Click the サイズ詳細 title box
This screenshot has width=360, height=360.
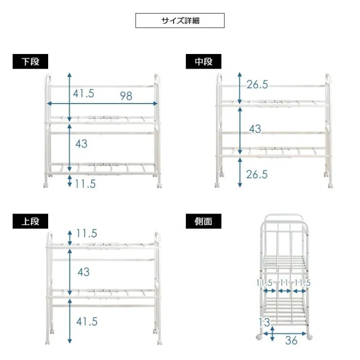coord(180,20)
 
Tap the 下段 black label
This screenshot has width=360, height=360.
coord(30,62)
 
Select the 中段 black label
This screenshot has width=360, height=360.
coord(203,62)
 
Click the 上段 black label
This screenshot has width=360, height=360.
coord(30,221)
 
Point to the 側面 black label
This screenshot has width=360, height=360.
coord(203,221)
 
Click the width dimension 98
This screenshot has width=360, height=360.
coord(126,96)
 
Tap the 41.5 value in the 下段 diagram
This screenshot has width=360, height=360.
coord(84,93)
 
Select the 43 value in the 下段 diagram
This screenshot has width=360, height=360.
coord(81,144)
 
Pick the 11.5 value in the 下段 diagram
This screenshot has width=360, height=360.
coord(86,183)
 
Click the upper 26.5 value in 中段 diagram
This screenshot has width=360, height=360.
coord(257,85)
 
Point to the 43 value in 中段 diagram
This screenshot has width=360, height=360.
coord(255,129)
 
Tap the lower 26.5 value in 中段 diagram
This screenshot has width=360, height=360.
coord(257,175)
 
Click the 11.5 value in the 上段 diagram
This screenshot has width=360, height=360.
coord(87,234)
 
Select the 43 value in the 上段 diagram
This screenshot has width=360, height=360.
coord(83,272)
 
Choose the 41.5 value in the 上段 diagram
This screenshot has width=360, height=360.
coord(87,321)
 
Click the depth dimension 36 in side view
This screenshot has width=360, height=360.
coord(291,341)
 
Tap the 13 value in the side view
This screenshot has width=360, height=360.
coord(265,322)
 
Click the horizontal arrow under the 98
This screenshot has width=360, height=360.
coord(102,103)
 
